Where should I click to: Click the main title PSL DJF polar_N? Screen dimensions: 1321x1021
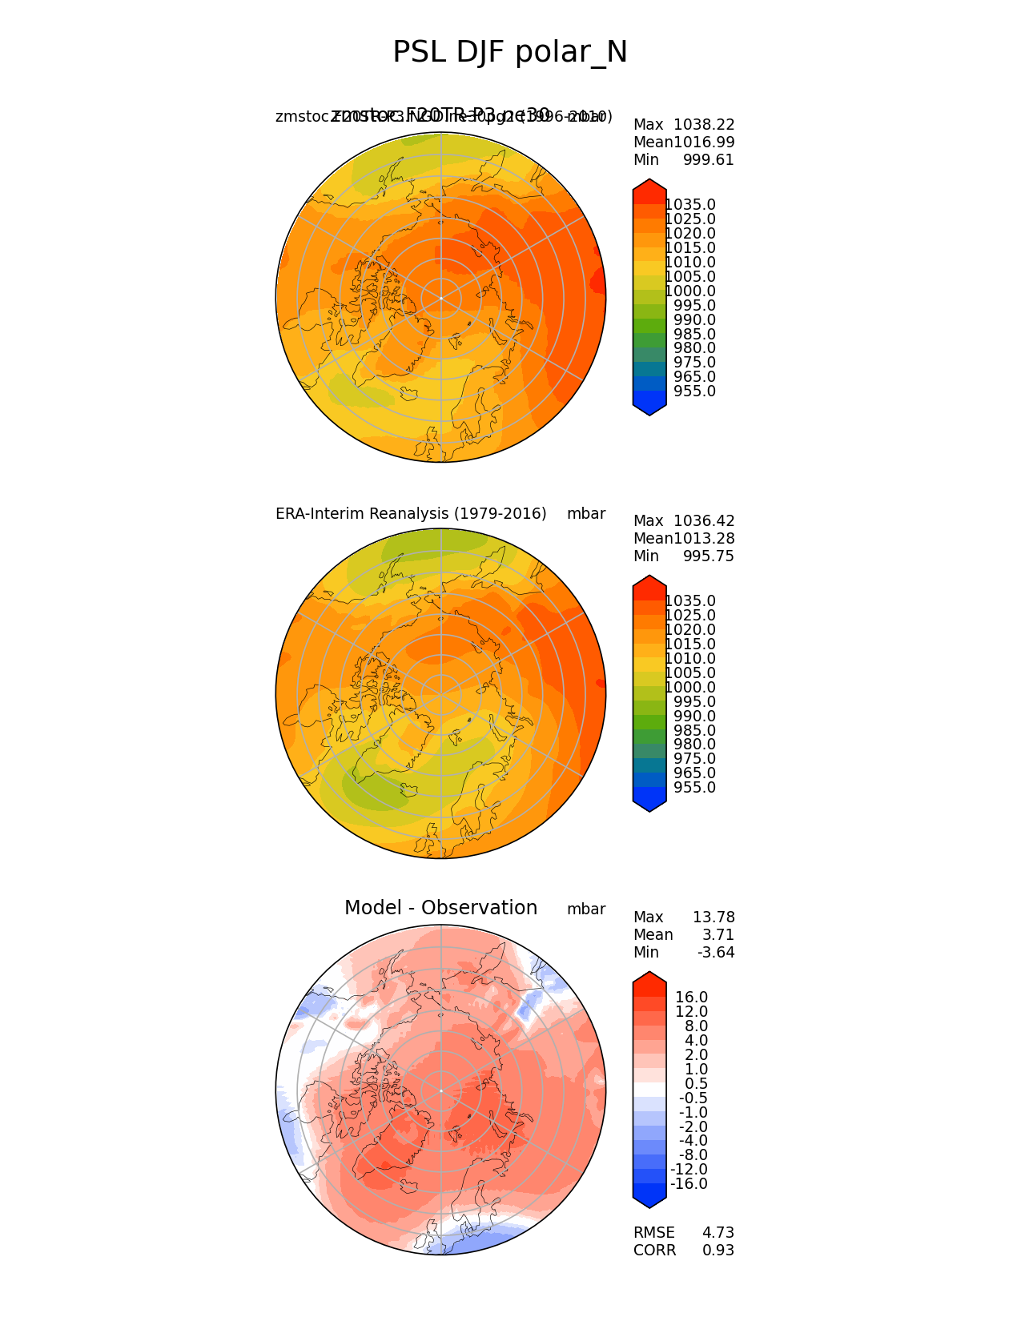click(x=510, y=53)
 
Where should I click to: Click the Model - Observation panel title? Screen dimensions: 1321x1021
click(x=440, y=908)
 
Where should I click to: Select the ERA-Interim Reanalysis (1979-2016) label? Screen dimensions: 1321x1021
click(x=411, y=514)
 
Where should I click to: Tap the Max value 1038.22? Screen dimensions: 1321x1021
click(x=704, y=125)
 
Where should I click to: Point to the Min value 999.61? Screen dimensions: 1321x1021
click(x=708, y=160)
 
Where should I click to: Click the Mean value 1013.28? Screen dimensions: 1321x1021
click(x=704, y=539)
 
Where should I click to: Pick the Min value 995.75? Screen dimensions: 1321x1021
click(x=708, y=556)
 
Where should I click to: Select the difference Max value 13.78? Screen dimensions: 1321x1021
click(x=713, y=917)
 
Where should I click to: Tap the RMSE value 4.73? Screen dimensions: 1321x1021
click(x=718, y=1233)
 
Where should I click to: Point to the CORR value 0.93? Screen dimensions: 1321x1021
click(x=718, y=1251)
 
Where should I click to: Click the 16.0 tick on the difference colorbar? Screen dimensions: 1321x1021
click(x=691, y=998)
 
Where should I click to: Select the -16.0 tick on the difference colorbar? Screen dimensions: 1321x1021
click(x=689, y=1184)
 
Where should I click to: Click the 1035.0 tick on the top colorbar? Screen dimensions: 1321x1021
click(x=690, y=205)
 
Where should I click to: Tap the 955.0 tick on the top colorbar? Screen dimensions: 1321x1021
click(x=694, y=391)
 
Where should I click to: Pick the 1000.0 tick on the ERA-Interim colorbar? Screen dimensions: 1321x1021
click(x=690, y=688)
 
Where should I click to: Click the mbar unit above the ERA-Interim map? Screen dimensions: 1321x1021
click(x=586, y=514)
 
